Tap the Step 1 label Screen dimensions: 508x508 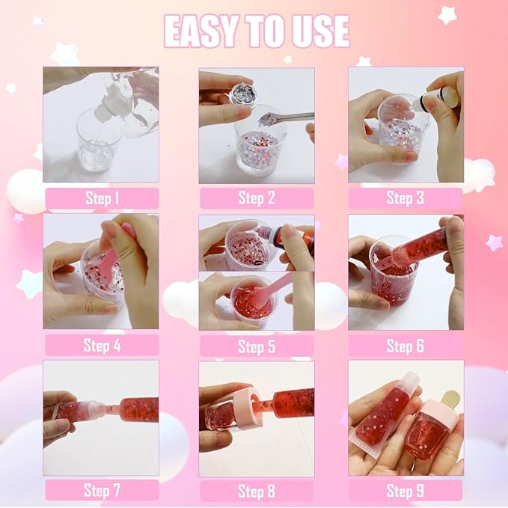tap(102, 198)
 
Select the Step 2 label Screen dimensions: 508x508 tap(256, 198)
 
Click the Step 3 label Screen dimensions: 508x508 tap(405, 198)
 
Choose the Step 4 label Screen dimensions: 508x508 tap(102, 345)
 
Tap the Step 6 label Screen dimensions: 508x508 tap(405, 346)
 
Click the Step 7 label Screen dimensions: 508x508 tap(102, 491)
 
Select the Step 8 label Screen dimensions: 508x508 tap(256, 491)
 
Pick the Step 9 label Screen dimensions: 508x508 tap(405, 491)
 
